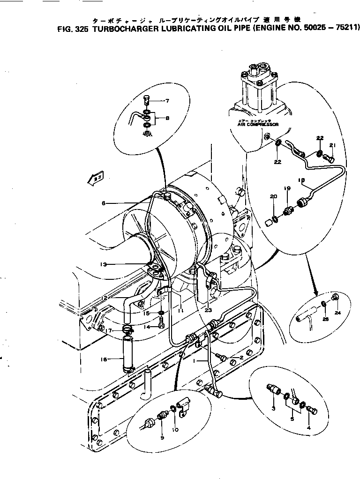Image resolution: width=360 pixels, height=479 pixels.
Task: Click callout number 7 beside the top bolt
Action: (166, 101)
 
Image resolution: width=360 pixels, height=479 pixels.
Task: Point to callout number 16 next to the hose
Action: (104, 359)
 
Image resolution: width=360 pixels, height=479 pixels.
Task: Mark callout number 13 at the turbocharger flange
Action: (104, 264)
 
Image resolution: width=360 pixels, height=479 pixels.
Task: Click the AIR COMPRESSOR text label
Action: (258, 125)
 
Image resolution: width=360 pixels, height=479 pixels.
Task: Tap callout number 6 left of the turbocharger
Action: (104, 203)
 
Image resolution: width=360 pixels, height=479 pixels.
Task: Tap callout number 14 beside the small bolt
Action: (147, 327)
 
